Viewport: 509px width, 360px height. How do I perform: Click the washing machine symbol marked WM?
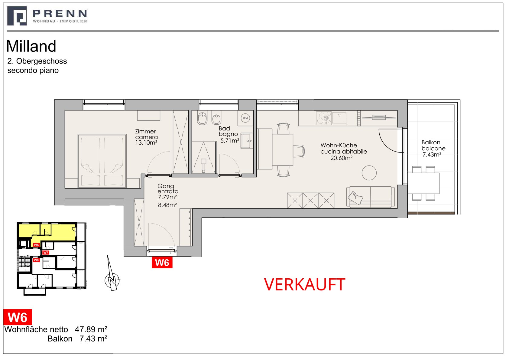click(x=245, y=118)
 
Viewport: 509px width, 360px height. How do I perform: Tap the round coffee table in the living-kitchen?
click(x=369, y=173)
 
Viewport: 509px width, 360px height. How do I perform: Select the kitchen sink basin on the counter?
click(x=339, y=118)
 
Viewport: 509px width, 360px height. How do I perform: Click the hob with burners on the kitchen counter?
click(x=324, y=118)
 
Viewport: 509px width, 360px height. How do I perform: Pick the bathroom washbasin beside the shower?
click(x=247, y=141)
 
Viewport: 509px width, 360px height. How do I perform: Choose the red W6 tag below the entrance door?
click(x=162, y=263)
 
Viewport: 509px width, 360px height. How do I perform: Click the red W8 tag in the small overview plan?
click(x=36, y=260)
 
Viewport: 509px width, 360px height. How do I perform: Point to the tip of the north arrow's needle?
click(x=108, y=255)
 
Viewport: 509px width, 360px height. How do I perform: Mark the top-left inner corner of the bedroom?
click(x=65, y=110)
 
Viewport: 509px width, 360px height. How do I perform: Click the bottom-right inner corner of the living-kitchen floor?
click(x=397, y=208)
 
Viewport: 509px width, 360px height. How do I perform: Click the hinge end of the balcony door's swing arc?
click(x=402, y=129)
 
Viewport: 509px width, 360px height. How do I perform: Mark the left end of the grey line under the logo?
click(x=7, y=31)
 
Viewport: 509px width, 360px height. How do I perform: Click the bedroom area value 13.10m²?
click(x=146, y=142)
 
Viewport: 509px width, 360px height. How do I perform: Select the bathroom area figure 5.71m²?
click(x=230, y=141)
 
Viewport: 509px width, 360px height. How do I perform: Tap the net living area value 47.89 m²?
click(x=91, y=329)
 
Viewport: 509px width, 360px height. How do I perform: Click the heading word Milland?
click(x=31, y=46)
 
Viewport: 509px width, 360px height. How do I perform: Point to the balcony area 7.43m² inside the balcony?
click(x=432, y=155)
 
